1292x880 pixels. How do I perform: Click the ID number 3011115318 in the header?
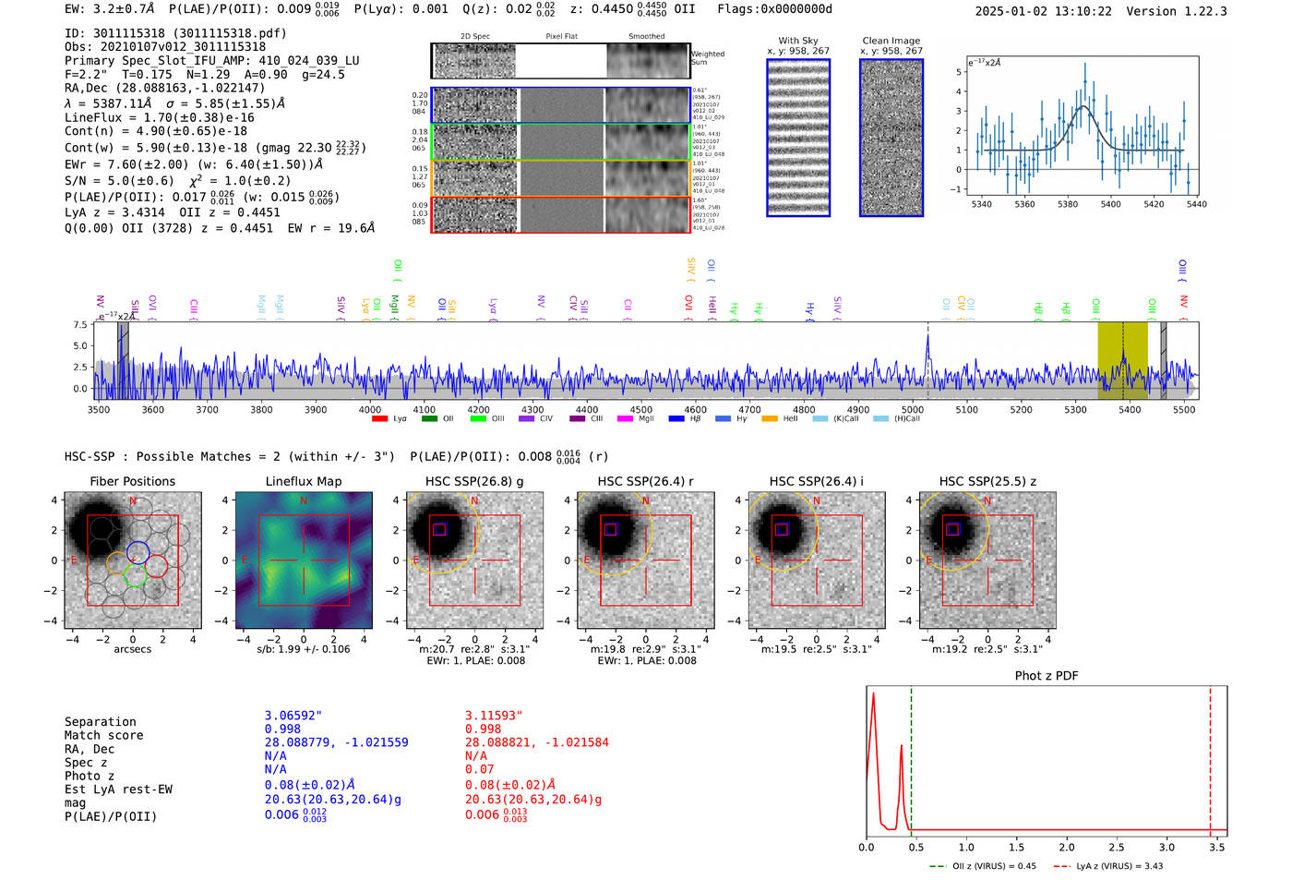tap(128, 33)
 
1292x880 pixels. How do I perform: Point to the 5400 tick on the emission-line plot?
tap(1110, 204)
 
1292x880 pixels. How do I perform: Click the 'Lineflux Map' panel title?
tap(303, 481)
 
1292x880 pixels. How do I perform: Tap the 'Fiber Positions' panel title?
tap(132, 481)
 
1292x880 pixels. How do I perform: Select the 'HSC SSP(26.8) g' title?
tap(473, 481)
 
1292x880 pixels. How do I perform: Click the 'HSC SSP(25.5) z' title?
tap(987, 481)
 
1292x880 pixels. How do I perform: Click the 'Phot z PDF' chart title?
tap(1046, 676)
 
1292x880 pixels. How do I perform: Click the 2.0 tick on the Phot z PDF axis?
tap(1066, 847)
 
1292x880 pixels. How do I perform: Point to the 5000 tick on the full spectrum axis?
tap(913, 410)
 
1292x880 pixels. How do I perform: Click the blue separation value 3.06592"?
tap(293, 716)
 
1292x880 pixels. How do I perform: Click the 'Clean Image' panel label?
tap(891, 41)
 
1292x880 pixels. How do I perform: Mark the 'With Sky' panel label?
tap(797, 41)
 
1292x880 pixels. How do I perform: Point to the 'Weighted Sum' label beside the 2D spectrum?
tap(707, 58)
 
